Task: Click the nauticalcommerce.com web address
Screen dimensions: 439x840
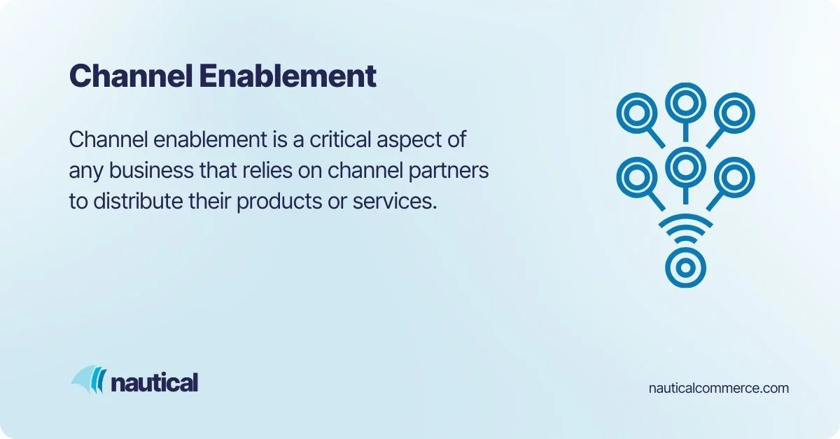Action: (719, 388)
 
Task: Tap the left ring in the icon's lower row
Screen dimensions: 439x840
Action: (636, 176)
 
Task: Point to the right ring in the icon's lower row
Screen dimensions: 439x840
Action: (734, 176)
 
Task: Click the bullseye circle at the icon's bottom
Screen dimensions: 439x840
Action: (685, 267)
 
